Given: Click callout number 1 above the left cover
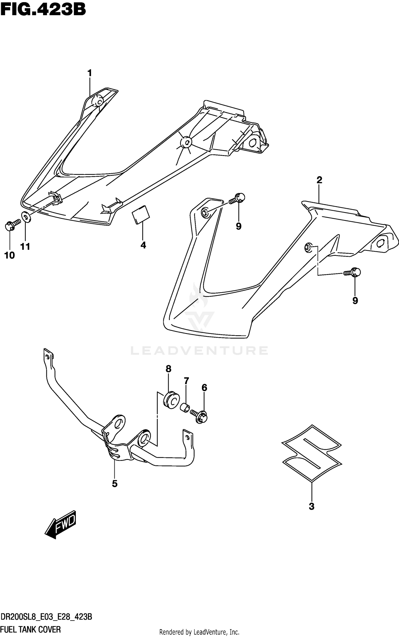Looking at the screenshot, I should click(x=90, y=73).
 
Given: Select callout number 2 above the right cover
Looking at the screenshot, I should click(x=319, y=180).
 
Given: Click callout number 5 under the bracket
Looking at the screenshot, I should click(x=115, y=484).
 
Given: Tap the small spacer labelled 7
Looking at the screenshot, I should click(x=185, y=407).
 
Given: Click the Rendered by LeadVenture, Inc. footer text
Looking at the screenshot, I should click(x=199, y=632).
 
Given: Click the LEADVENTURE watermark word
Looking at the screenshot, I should click(x=199, y=351).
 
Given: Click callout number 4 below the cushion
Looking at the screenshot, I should click(x=143, y=245).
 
